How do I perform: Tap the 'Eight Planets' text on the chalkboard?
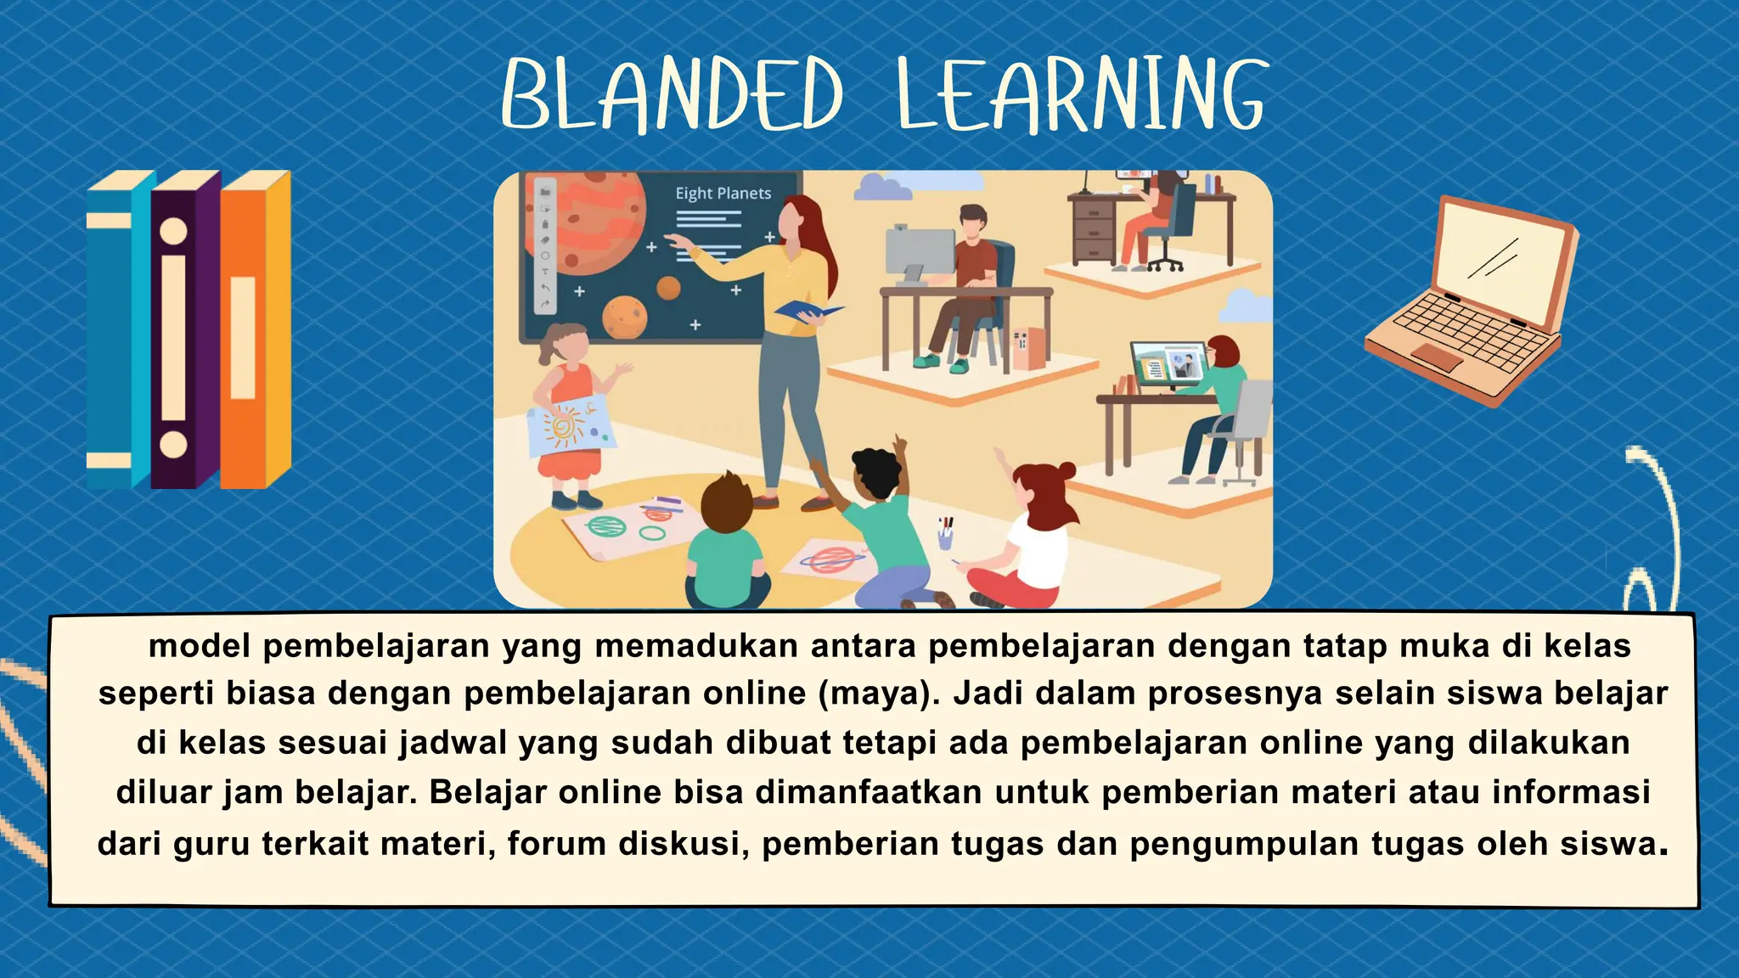click(x=723, y=194)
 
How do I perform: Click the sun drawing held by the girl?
click(x=564, y=425)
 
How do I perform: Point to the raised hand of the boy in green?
click(x=899, y=445)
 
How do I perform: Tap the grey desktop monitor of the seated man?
click(x=919, y=250)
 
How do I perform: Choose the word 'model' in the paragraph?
click(x=200, y=647)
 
